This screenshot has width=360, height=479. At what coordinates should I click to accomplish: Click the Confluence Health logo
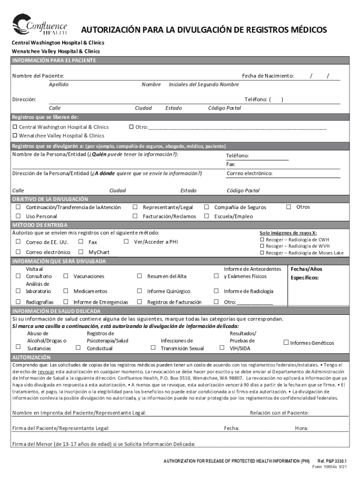[40, 24]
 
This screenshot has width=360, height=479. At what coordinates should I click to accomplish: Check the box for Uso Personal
[18, 216]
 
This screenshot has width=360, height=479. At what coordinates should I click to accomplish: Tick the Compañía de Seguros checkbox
[206, 207]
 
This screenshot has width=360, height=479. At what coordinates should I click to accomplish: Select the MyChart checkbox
[81, 252]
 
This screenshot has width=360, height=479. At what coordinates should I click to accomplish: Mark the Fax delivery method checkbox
[81, 242]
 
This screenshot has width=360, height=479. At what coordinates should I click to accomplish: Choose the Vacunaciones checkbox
[66, 276]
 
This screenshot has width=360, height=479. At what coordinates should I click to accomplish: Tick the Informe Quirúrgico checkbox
[139, 291]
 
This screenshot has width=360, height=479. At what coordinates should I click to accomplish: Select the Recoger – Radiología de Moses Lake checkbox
[262, 253]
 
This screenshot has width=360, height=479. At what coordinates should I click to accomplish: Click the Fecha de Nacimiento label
[267, 76]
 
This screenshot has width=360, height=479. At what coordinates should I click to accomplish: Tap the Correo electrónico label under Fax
[249, 174]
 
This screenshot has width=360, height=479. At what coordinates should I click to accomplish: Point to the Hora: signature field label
[302, 428]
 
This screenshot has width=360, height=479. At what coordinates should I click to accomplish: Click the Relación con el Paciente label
[279, 413]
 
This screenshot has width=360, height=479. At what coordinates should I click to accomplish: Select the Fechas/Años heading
[306, 269]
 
